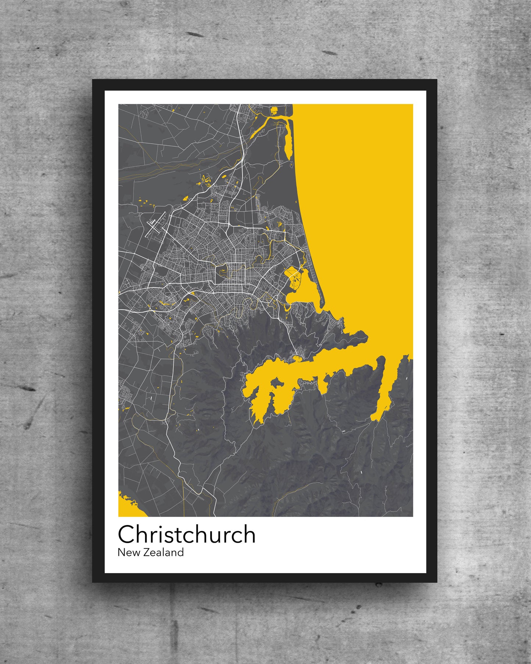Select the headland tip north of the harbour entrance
click(x=364, y=335)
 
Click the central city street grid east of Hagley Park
click(x=239, y=274)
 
